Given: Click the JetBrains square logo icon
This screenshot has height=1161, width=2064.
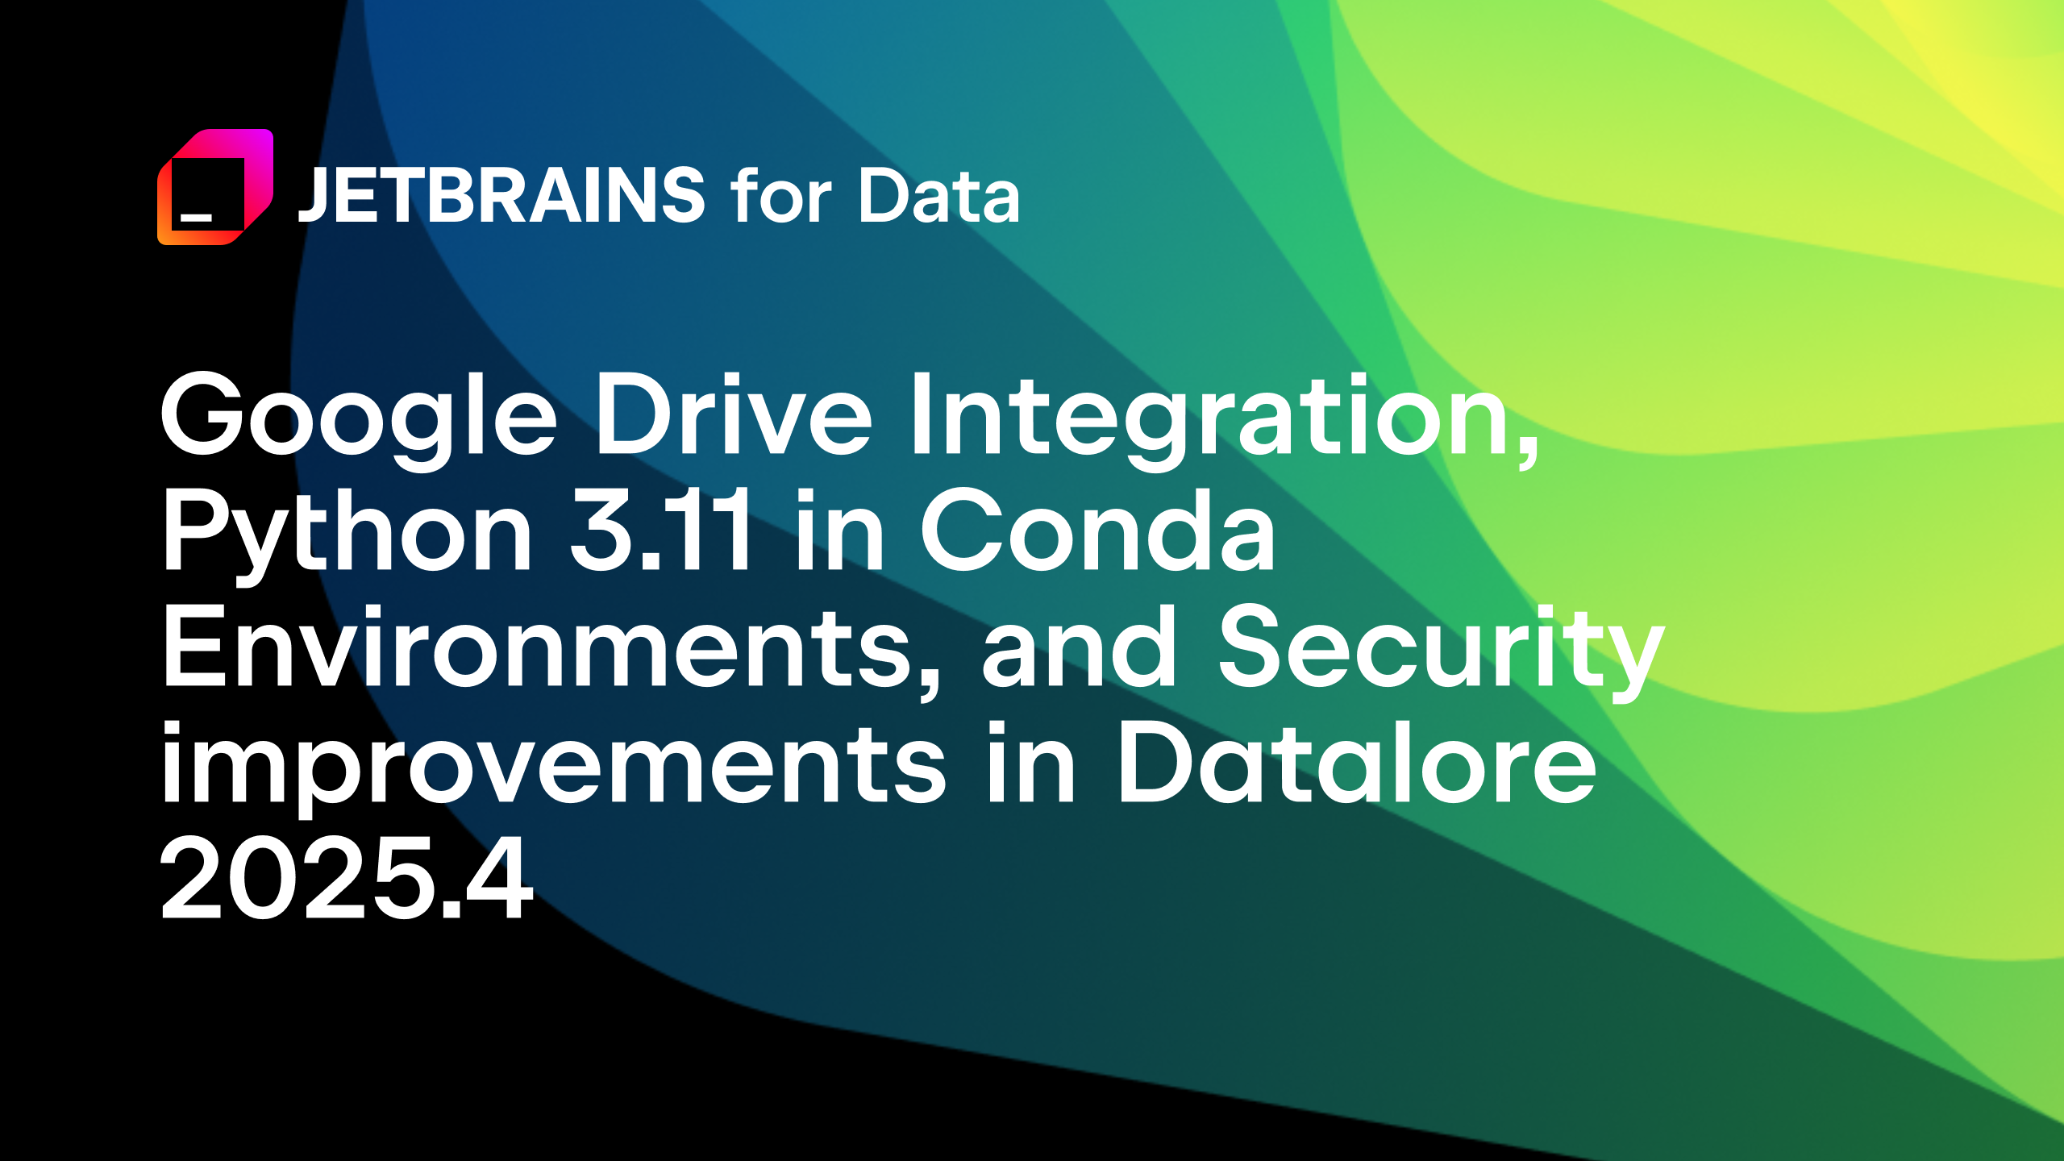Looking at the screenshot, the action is (215, 186).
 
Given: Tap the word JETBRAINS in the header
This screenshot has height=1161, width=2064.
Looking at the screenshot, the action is (501, 195).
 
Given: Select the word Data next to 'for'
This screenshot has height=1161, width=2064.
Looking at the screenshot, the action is (939, 195).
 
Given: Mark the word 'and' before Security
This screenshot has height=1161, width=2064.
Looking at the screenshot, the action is (1079, 646).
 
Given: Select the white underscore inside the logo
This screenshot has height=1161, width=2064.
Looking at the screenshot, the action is (196, 217).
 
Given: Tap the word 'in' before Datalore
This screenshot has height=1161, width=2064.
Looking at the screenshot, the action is (1032, 763).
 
